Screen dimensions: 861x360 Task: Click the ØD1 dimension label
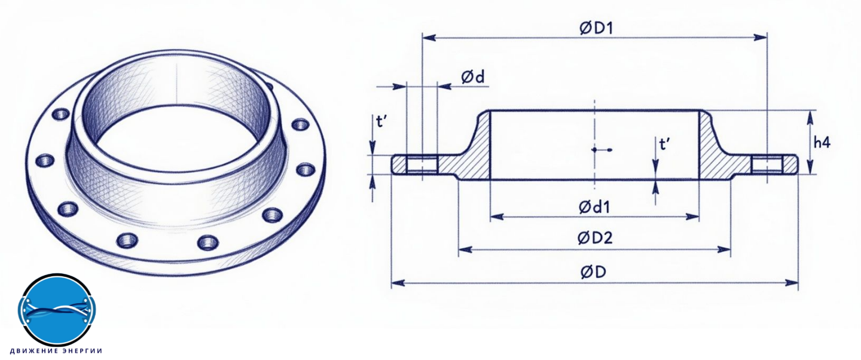pyautogui.click(x=596, y=28)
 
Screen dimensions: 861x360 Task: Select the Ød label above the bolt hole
pyautogui.click(x=473, y=77)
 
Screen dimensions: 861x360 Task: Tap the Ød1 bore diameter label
pyautogui.click(x=594, y=208)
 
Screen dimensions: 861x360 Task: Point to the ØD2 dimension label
pyautogui.click(x=594, y=238)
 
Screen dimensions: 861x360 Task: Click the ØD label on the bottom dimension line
pyautogui.click(x=593, y=272)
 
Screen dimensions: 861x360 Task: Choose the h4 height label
pyautogui.click(x=822, y=143)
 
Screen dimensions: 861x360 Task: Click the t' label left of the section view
pyautogui.click(x=381, y=121)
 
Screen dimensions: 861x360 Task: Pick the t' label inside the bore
pyautogui.click(x=665, y=144)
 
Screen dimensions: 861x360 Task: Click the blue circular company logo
pyautogui.click(x=57, y=310)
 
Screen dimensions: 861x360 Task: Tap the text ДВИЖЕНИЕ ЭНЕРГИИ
pyautogui.click(x=56, y=351)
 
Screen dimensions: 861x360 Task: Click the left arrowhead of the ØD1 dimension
pyautogui.click(x=429, y=38)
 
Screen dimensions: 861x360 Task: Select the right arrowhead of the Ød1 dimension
pyautogui.click(x=692, y=217)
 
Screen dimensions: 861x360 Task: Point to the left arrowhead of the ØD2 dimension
pyautogui.click(x=465, y=250)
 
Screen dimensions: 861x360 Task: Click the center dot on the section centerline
pyautogui.click(x=594, y=150)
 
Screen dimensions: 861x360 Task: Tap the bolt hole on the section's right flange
pyautogui.click(x=767, y=164)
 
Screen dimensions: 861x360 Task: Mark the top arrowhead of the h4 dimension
pyautogui.click(x=810, y=117)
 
